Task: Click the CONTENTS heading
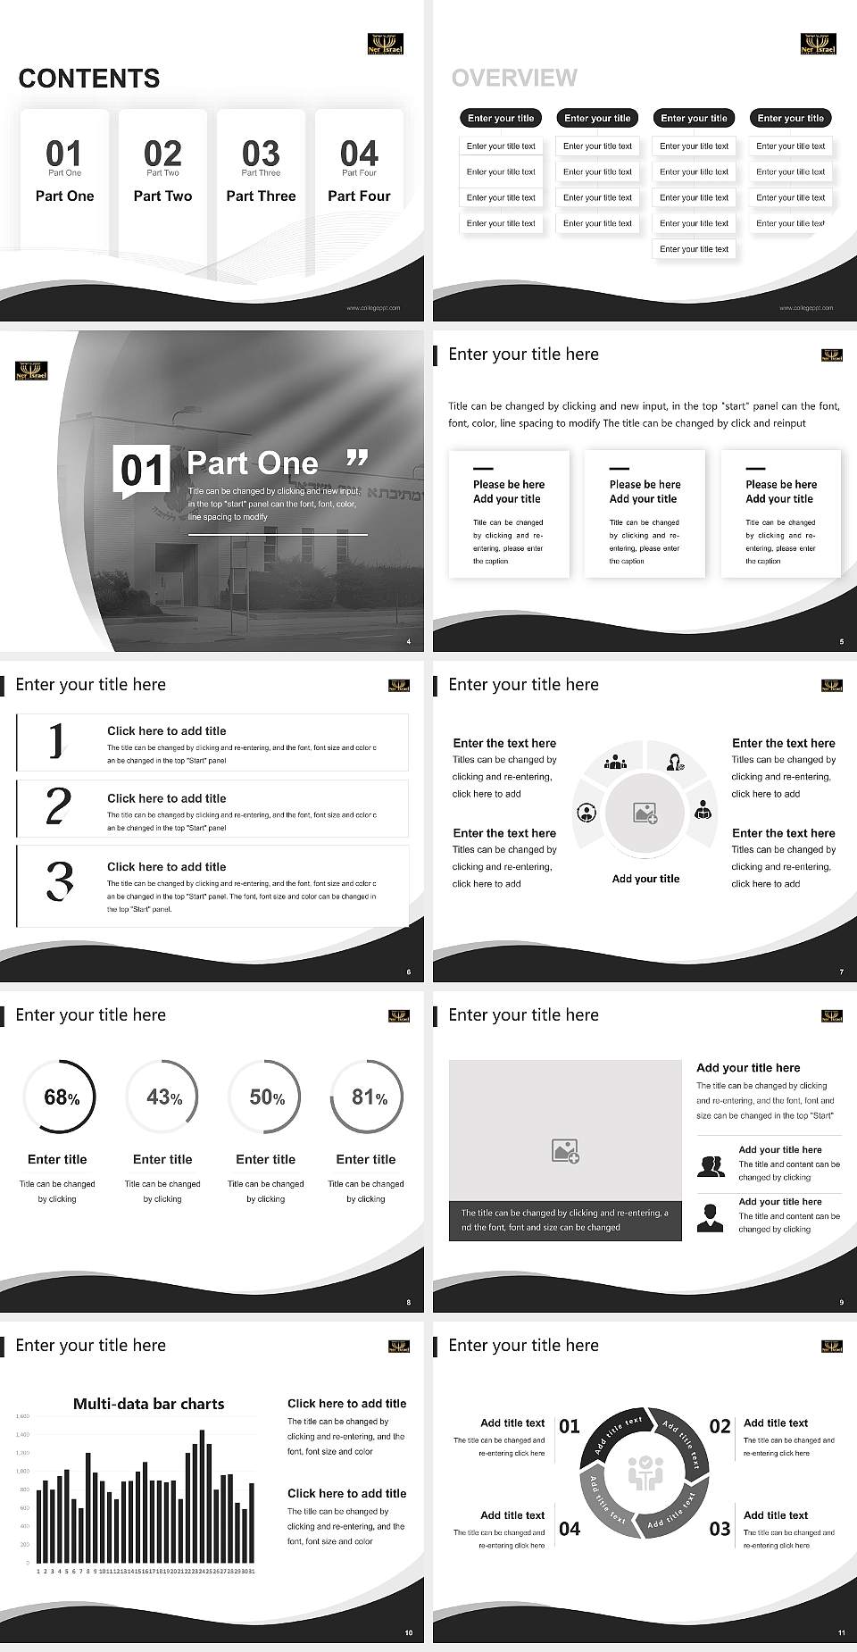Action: [89, 79]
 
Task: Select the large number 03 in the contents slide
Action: [261, 153]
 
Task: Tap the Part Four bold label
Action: [359, 196]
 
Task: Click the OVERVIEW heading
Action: [514, 79]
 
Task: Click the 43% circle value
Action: [163, 1097]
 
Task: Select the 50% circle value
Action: [266, 1097]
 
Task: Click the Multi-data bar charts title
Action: [148, 1404]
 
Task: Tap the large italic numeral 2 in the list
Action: [58, 805]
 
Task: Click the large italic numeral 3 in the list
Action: [60, 880]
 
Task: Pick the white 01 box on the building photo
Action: [141, 470]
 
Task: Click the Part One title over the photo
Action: [253, 463]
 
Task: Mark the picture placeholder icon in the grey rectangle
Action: [565, 1151]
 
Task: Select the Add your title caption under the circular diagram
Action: [645, 879]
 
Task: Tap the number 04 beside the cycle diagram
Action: [570, 1529]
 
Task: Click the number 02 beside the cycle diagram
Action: [720, 1426]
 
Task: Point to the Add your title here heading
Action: [748, 1067]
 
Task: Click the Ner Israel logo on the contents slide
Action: [386, 44]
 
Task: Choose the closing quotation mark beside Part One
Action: [357, 459]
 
